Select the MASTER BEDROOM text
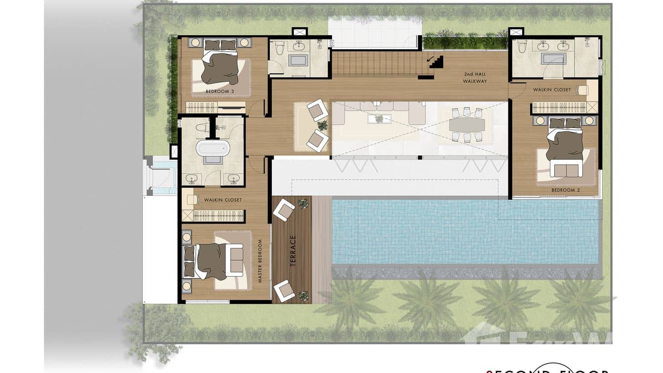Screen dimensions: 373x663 tap(260, 261)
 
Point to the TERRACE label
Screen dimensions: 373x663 tap(292, 251)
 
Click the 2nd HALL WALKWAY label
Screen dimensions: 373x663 tap(475, 78)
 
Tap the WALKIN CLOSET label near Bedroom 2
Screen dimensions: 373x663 tap(551, 90)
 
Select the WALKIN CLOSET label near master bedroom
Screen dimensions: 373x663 tap(223, 200)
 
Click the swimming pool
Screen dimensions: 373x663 tap(464, 232)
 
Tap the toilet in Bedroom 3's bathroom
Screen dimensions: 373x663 tap(281, 48)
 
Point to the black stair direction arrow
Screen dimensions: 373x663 tap(435, 62)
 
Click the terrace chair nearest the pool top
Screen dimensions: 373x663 tap(284, 210)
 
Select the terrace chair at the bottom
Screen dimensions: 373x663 tap(284, 290)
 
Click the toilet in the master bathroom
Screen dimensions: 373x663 tap(200, 127)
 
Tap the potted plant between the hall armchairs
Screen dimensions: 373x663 tap(323, 125)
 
